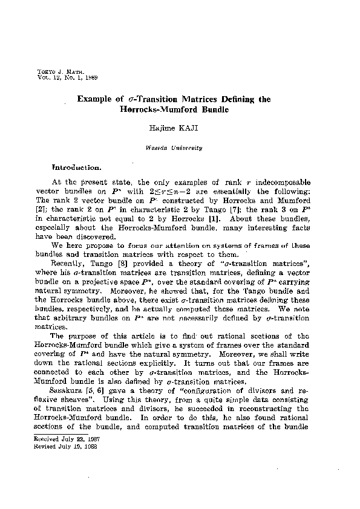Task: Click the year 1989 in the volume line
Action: pos(90,77)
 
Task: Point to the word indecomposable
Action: pos(285,183)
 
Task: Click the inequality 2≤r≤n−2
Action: pos(181,190)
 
